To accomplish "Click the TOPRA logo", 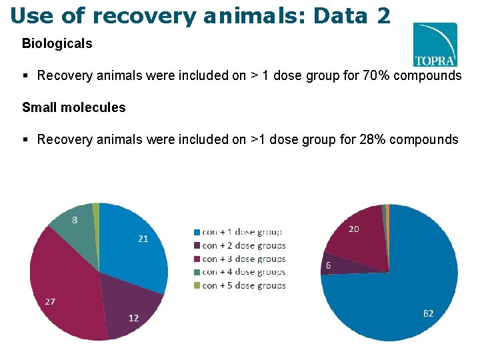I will pyautogui.click(x=435, y=45).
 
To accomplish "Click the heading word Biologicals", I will pyautogui.click(x=57, y=44).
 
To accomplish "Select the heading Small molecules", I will pyautogui.click(x=73, y=107).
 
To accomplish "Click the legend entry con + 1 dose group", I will pyautogui.click(x=237, y=232).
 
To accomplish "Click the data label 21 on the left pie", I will pyautogui.click(x=143, y=239).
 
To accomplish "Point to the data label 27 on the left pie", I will pyautogui.click(x=50, y=301).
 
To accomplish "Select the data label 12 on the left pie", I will pyautogui.click(x=133, y=318).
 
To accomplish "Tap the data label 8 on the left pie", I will pyautogui.click(x=74, y=220).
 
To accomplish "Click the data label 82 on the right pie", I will pyautogui.click(x=428, y=313).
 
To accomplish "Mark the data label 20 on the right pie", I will pyautogui.click(x=354, y=229).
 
